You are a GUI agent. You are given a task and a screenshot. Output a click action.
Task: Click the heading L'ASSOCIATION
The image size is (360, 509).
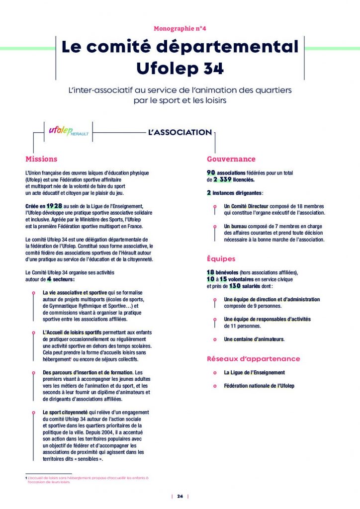point(180,133)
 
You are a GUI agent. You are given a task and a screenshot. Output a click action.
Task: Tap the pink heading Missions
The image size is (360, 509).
point(41,159)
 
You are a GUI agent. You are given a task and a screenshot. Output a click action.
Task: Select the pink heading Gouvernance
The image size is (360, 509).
point(231,159)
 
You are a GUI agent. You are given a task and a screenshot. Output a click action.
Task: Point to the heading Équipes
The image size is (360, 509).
point(221,259)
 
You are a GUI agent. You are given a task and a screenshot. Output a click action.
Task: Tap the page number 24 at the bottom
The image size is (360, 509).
point(180,496)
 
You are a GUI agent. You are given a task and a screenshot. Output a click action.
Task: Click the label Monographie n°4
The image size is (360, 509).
point(180,29)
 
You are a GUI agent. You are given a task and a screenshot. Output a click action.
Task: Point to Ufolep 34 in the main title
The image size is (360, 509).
point(180,68)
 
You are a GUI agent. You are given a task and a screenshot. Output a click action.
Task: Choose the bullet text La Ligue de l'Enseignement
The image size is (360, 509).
point(254,372)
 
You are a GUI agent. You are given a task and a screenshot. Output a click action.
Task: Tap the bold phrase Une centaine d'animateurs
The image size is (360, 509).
point(254,339)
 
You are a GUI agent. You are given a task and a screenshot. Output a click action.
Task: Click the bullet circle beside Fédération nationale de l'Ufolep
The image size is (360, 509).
point(214,386)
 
